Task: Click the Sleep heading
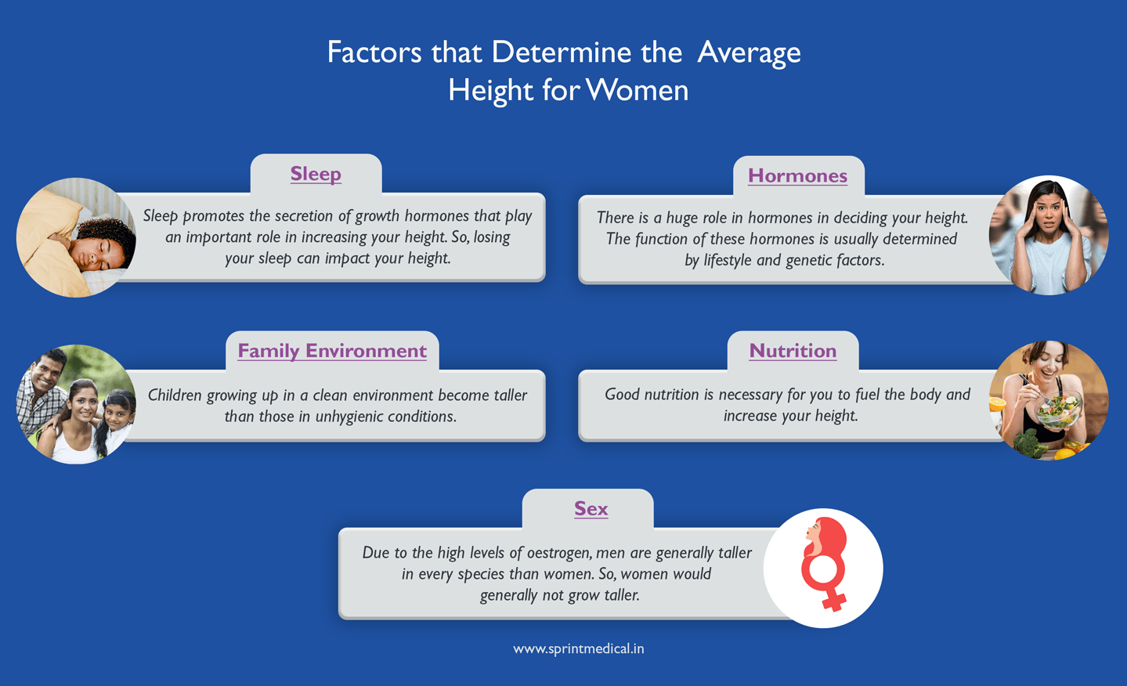pos(316,174)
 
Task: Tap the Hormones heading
pos(797,175)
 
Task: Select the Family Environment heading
pos(332,351)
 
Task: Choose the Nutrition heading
pos(793,351)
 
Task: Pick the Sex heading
pos(591,509)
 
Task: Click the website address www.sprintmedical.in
pos(579,648)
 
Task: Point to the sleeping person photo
pos(76,237)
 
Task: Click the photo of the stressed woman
pos(1048,235)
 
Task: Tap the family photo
pos(76,404)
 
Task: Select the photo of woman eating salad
pos(1048,400)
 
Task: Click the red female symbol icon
pos(824,565)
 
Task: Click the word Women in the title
pos(637,90)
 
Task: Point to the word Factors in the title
pos(374,52)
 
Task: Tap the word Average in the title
pos(749,52)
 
